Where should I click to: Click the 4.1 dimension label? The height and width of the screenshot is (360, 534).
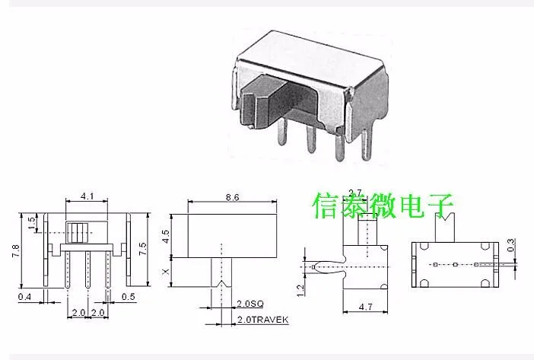tap(87, 196)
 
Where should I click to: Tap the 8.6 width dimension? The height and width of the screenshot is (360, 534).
tap(232, 196)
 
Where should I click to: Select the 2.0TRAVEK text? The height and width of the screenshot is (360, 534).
tap(262, 320)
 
